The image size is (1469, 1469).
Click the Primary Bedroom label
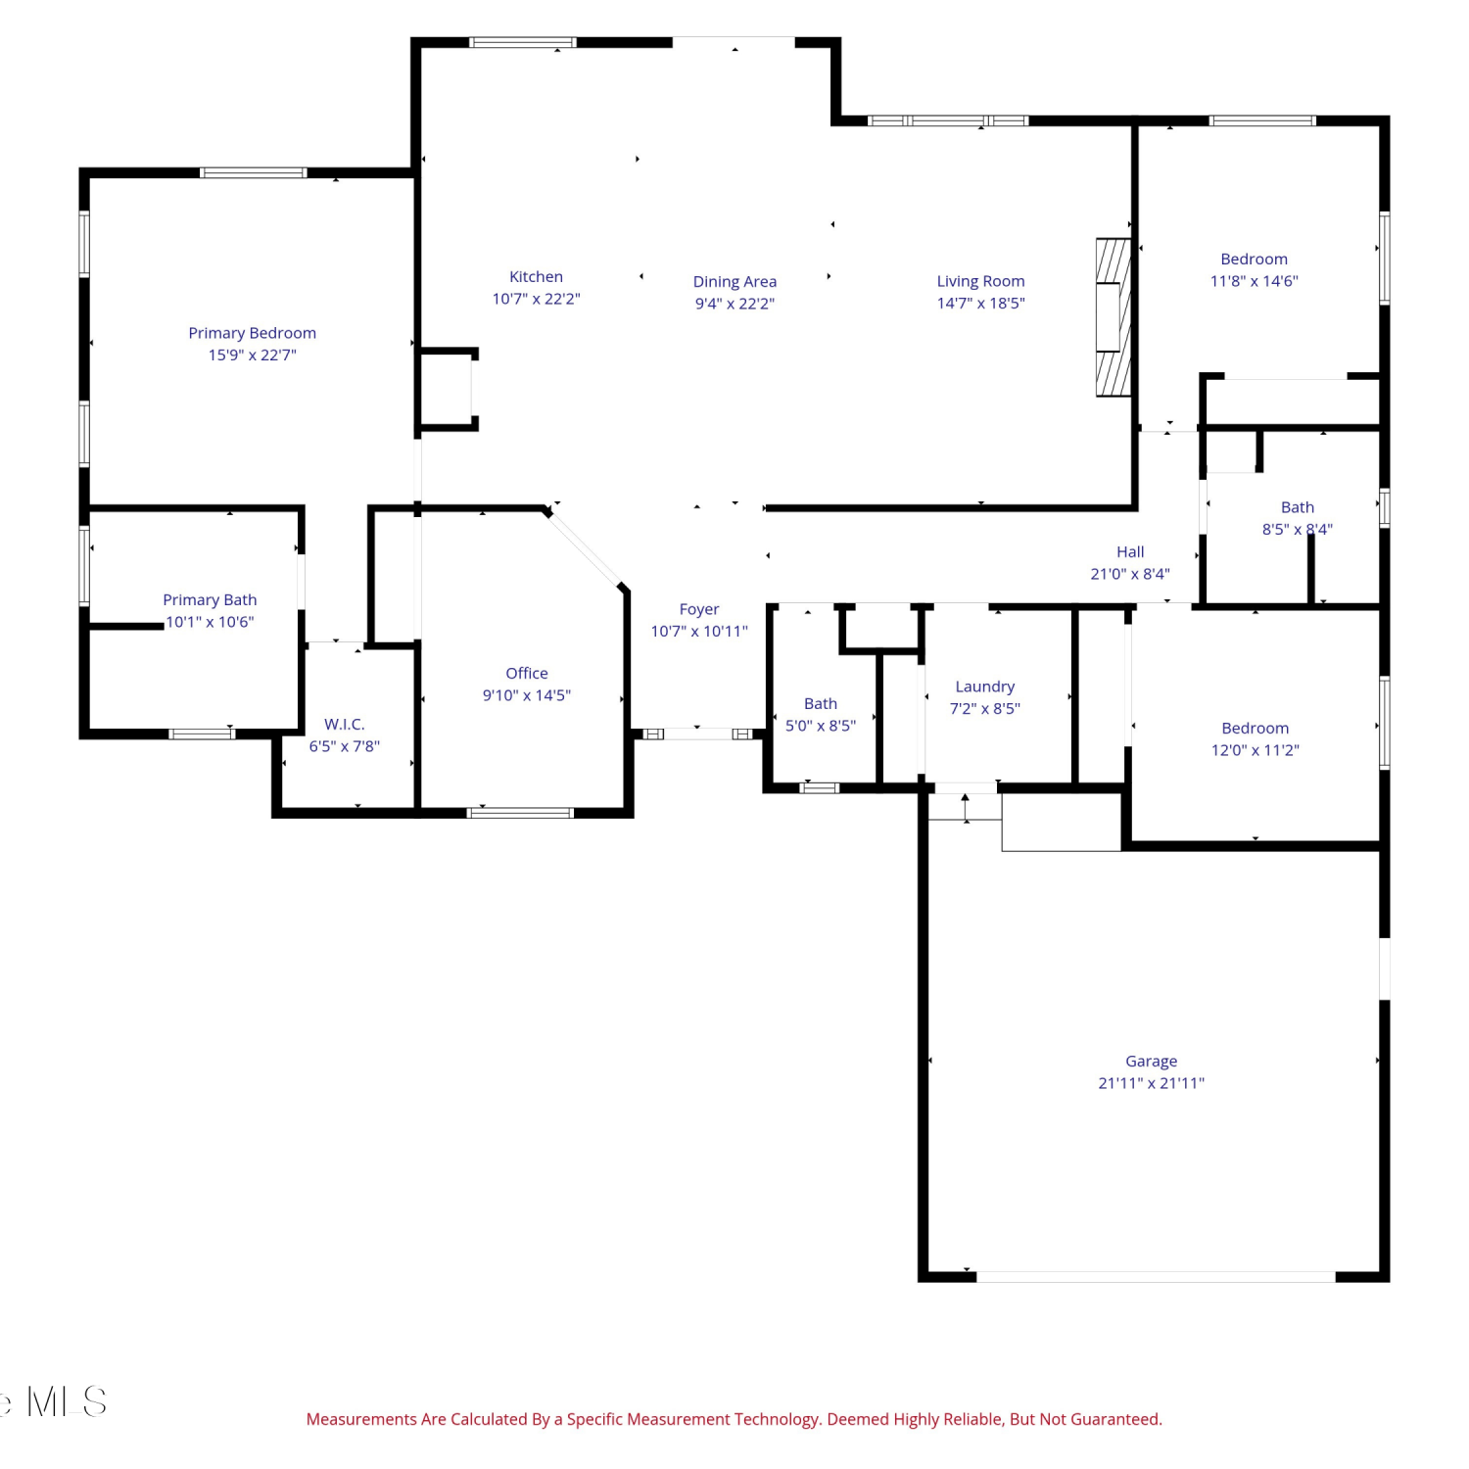pyautogui.click(x=253, y=333)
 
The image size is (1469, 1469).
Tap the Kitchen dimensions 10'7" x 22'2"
pyautogui.click(x=536, y=299)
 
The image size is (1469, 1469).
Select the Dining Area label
pyautogui.click(x=734, y=282)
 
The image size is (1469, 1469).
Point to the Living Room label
pyautogui.click(x=980, y=281)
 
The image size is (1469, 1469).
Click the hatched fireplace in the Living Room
pyautogui.click(x=1114, y=317)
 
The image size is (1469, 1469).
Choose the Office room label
pyautogui.click(x=527, y=673)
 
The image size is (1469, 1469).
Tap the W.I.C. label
pyautogui.click(x=345, y=724)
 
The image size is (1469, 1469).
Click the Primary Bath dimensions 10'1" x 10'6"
pyautogui.click(x=210, y=622)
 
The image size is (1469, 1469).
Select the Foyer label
pyautogui.click(x=699, y=609)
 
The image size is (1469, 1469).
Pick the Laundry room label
pyautogui.click(x=985, y=687)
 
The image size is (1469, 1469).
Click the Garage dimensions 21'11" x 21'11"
pyautogui.click(x=1152, y=1083)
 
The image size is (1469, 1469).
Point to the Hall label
pyautogui.click(x=1130, y=552)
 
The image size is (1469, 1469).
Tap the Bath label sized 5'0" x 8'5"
pyautogui.click(x=821, y=703)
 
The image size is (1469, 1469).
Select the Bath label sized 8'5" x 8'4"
pyautogui.click(x=1298, y=507)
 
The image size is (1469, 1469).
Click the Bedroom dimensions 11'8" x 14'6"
pyautogui.click(x=1255, y=281)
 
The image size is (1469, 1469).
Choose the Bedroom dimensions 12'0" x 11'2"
pyautogui.click(x=1256, y=750)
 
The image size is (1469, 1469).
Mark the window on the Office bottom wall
pyautogui.click(x=520, y=812)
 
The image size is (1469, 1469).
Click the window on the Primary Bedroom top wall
pyautogui.click(x=254, y=173)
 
